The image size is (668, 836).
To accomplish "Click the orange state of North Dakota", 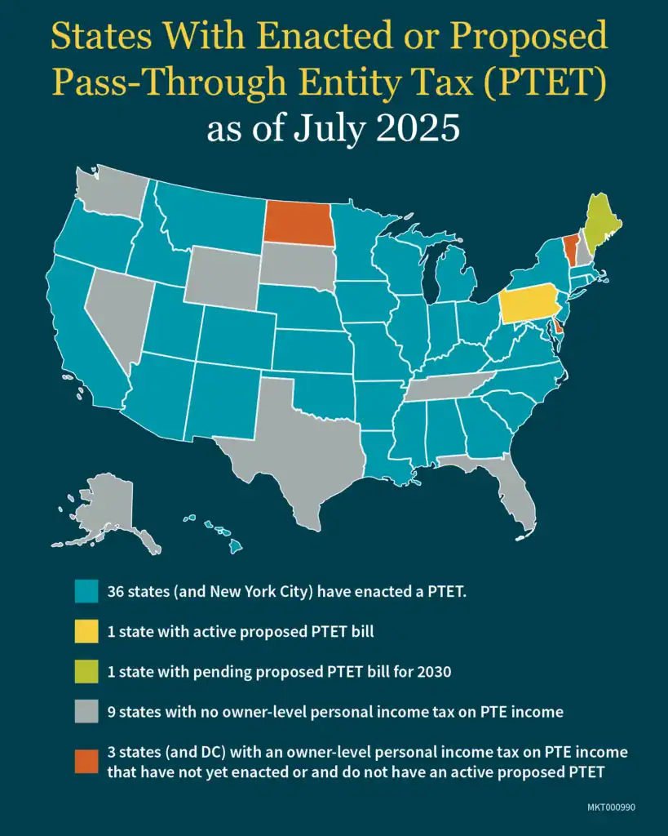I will point(299,223).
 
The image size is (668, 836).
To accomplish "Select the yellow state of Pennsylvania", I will point(530,306).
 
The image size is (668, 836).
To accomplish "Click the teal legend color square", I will point(86,591).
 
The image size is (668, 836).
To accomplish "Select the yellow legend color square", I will point(86,631).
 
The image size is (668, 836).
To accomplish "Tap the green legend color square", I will point(86,671).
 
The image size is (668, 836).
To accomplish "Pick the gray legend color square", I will point(86,711).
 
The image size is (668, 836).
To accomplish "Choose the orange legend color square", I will point(86,761).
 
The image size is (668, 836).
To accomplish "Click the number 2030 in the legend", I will point(431,671).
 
